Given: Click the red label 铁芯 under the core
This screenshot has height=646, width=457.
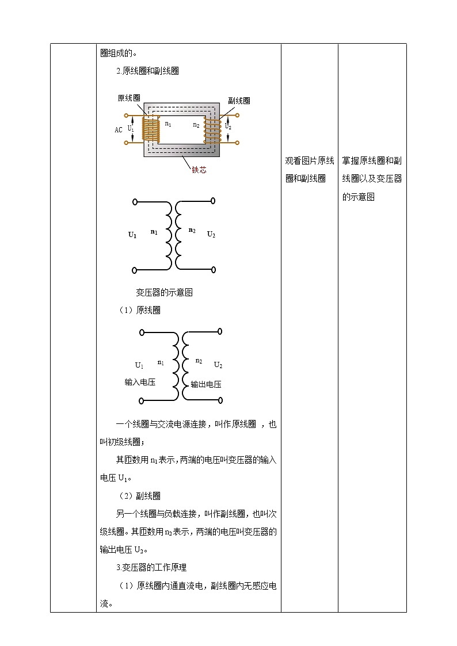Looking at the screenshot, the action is point(199,170).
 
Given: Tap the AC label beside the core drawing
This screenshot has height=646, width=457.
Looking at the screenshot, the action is point(119,130).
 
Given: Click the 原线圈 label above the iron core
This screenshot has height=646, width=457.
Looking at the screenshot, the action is point(129,98).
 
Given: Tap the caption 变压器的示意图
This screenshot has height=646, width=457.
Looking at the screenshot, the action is point(164,292).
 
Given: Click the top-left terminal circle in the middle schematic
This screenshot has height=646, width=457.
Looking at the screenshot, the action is point(135,202).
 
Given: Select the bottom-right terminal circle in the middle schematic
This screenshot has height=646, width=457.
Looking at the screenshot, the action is point(213,269).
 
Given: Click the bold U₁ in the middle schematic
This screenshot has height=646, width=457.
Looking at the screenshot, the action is point(132,235).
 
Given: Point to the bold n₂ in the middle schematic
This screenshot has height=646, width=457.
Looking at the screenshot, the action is point(192,231).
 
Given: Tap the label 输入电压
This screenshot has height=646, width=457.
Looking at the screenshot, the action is point(140,382).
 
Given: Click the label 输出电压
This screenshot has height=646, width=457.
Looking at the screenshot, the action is point(206,384).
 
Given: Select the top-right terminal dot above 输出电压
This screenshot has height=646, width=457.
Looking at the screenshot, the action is point(220,331).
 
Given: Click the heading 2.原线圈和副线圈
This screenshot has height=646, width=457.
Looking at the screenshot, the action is point(147,71).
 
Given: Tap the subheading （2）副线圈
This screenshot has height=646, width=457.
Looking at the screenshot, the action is point(139,496).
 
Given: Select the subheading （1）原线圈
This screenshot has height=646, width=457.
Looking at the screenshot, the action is point(139,311).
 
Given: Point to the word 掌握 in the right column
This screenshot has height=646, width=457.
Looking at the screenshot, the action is point(351,160).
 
